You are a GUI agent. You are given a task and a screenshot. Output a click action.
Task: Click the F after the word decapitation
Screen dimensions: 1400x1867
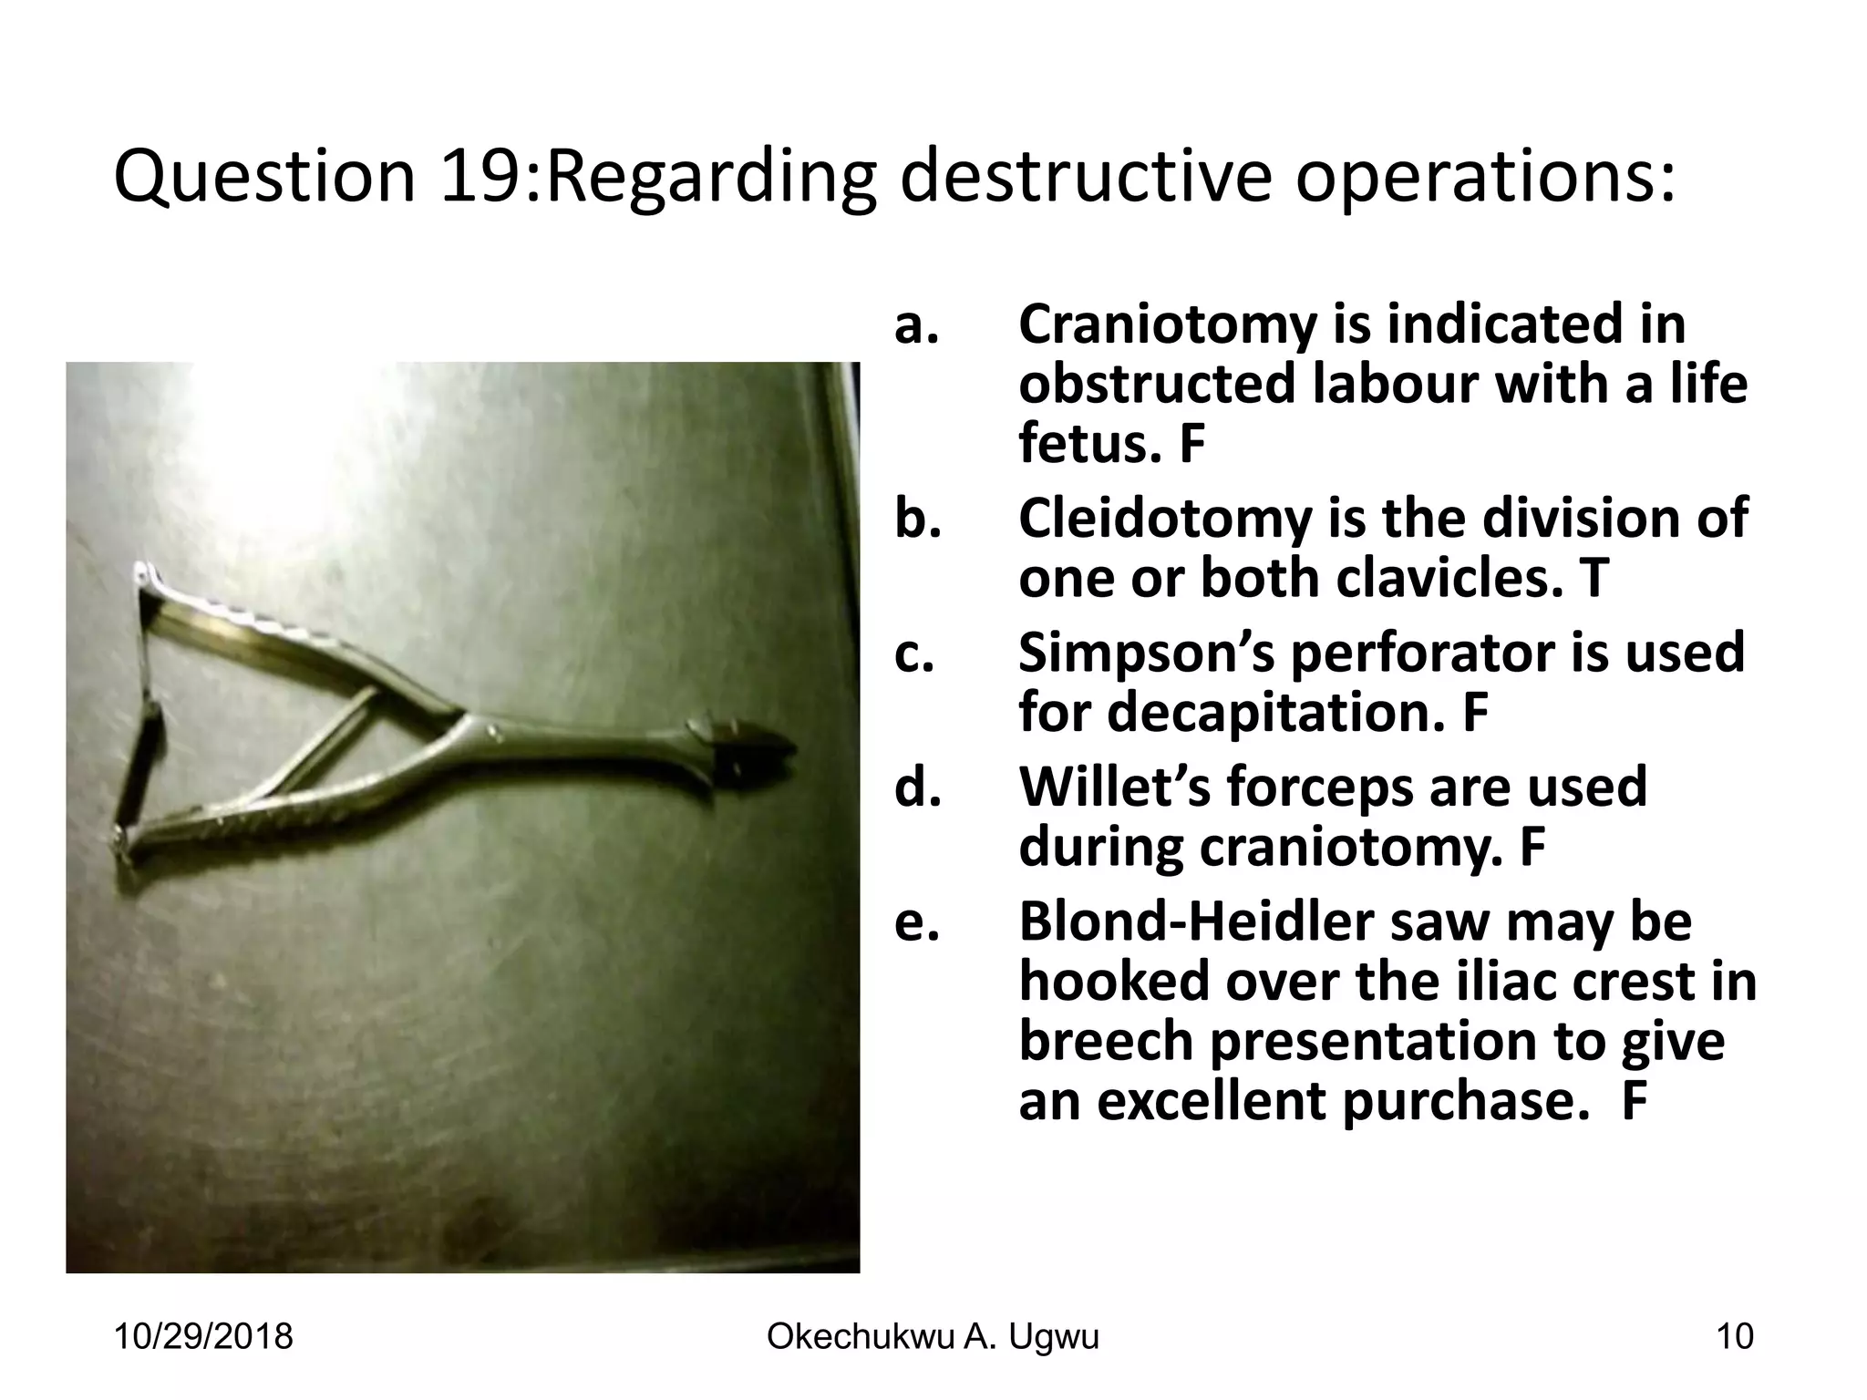point(1475,713)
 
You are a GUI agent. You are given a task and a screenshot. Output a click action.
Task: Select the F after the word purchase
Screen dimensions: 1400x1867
point(1635,1101)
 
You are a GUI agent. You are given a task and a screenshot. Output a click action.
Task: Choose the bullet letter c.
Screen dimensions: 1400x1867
point(914,653)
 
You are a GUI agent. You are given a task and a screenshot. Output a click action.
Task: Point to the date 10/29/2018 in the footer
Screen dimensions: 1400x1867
point(203,1337)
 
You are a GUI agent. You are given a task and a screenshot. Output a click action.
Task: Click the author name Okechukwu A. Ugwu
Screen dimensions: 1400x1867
point(933,1337)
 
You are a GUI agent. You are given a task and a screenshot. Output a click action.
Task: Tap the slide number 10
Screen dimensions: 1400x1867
point(1734,1337)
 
